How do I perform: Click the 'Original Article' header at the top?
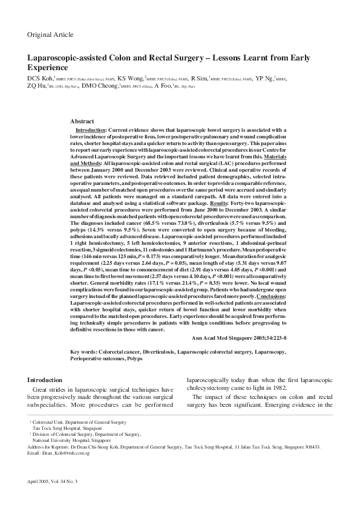[50, 34]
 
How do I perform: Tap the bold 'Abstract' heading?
[82, 122]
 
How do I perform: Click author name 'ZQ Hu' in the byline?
[35, 86]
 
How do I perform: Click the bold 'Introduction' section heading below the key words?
[45, 380]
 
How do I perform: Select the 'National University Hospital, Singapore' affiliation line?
[66, 441]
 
